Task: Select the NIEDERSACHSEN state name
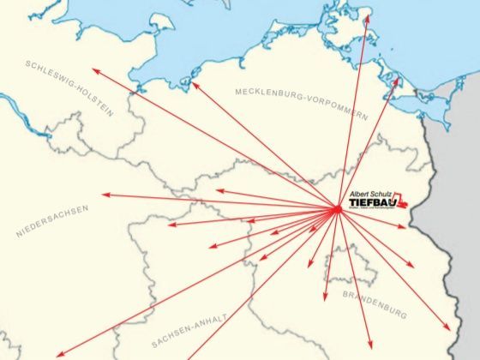(51, 221)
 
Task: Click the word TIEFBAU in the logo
(370, 204)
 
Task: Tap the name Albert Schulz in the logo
(371, 195)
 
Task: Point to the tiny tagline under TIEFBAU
(369, 211)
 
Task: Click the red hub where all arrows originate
(337, 208)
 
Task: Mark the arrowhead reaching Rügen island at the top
(367, 15)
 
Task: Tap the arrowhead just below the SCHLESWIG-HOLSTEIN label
(95, 70)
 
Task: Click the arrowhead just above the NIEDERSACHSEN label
(104, 195)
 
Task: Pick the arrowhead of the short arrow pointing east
(405, 226)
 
